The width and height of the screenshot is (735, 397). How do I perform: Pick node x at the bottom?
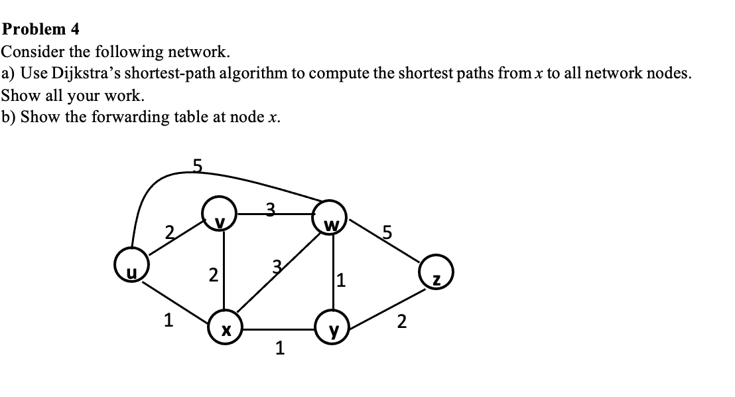[226, 327]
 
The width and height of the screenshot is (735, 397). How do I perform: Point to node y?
[334, 327]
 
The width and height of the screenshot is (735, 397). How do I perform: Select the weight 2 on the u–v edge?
[170, 232]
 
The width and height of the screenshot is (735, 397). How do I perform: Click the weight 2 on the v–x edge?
[212, 275]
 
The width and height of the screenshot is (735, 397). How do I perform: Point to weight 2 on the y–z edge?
[401, 323]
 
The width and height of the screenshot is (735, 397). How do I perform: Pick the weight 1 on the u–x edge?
[169, 321]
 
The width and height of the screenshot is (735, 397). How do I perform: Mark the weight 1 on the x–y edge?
[280, 349]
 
